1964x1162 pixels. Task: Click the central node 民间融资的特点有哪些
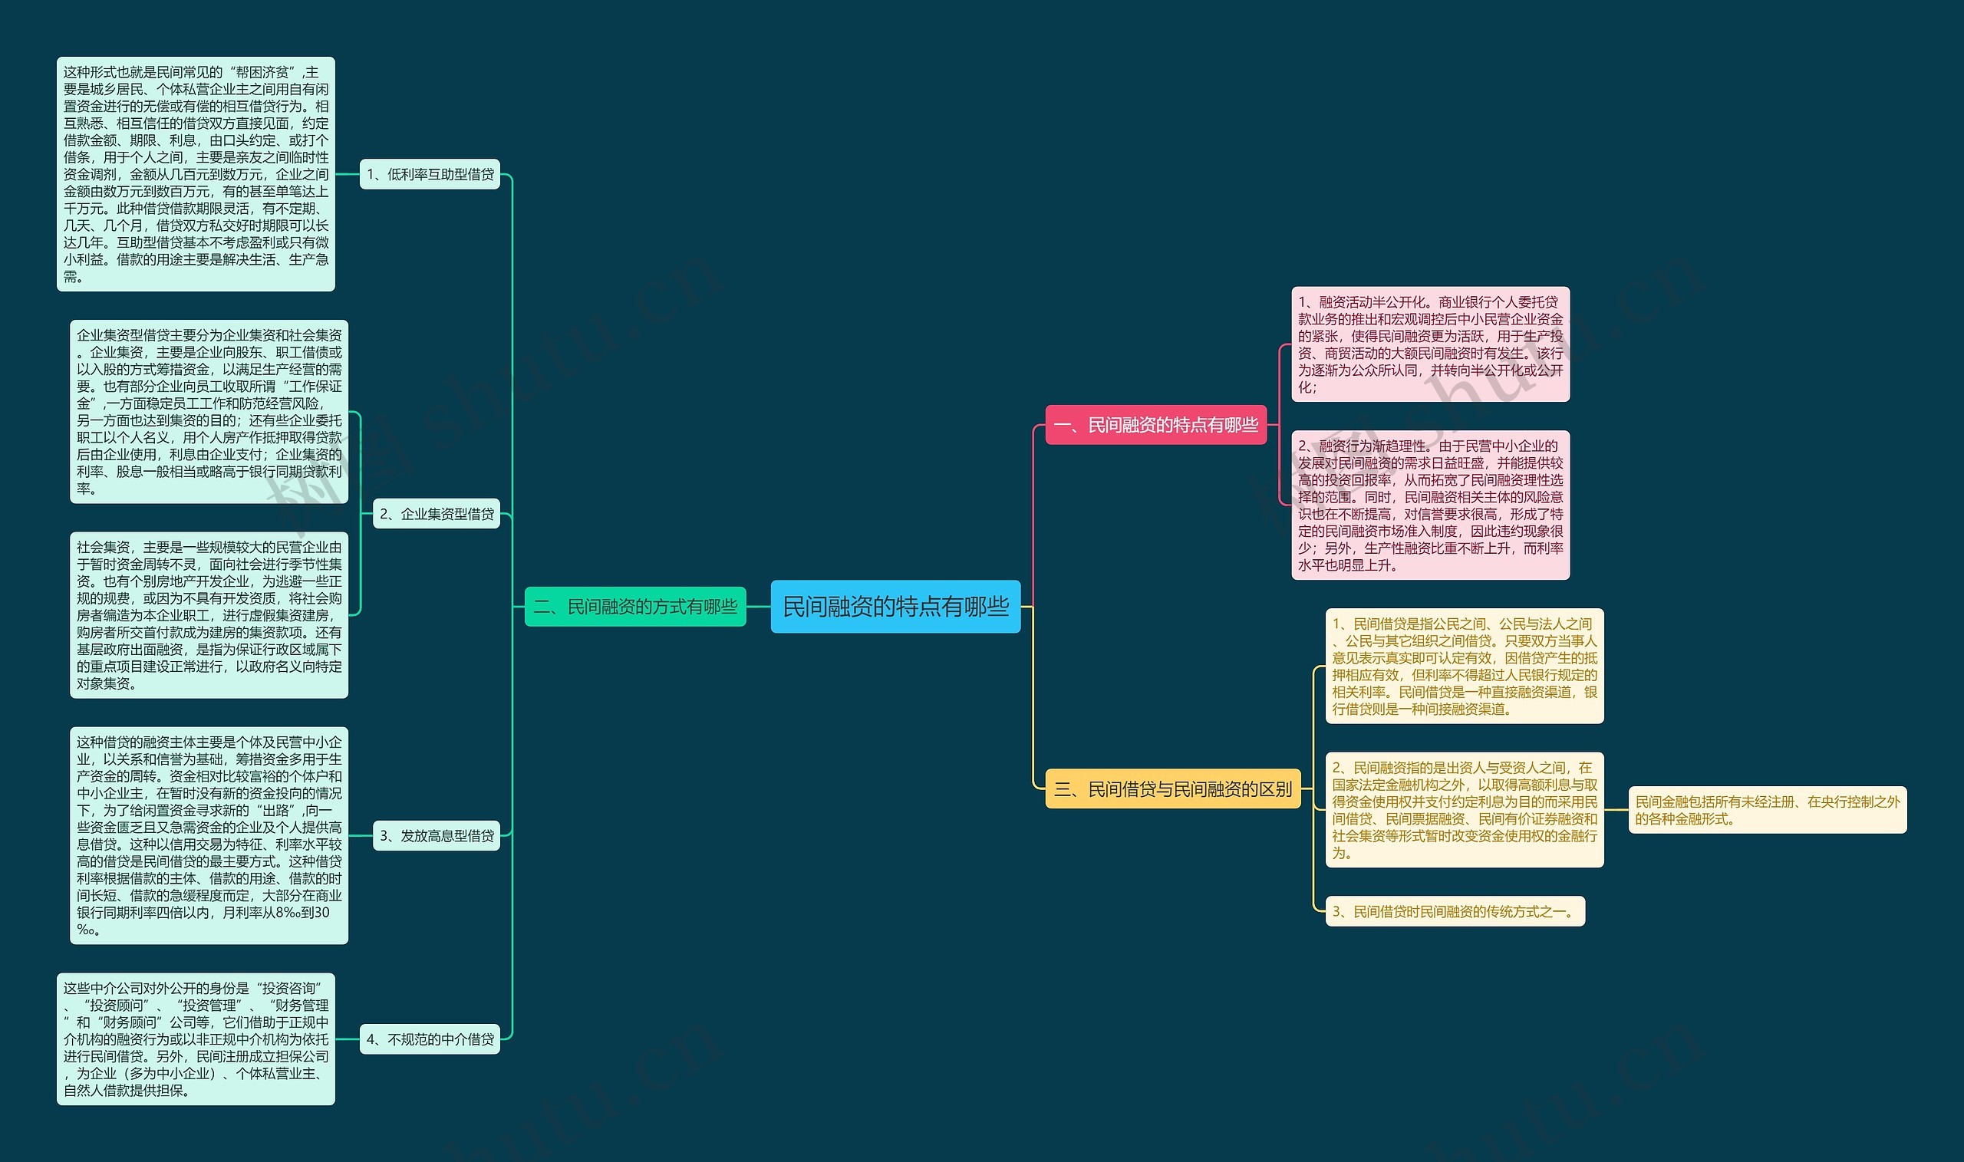[895, 606]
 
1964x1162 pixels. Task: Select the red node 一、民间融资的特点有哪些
[1156, 425]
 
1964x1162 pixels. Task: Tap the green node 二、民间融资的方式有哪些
[635, 606]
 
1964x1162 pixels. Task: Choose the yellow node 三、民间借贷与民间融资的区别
[1172, 788]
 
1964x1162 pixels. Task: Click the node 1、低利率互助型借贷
[430, 174]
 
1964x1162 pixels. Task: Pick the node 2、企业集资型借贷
[437, 514]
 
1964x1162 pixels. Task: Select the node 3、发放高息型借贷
[437, 835]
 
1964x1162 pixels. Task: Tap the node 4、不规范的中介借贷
[430, 1039]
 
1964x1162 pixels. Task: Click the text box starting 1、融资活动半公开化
[1430, 344]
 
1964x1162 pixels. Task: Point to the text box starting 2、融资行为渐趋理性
[1430, 505]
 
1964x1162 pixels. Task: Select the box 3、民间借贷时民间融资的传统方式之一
[1455, 911]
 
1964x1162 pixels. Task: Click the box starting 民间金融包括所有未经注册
[1767, 811]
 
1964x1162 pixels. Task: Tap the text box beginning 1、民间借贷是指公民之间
[1464, 667]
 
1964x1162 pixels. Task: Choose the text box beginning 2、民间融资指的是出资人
[1464, 811]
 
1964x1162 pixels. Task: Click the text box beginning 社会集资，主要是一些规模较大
[209, 614]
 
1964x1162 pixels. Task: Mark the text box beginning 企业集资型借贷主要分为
[209, 412]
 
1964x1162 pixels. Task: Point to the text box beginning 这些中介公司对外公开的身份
[196, 1039]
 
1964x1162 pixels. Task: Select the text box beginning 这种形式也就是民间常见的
[196, 174]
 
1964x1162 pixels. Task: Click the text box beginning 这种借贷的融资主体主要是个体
[209, 835]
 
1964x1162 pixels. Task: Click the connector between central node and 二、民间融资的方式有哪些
[758, 606]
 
